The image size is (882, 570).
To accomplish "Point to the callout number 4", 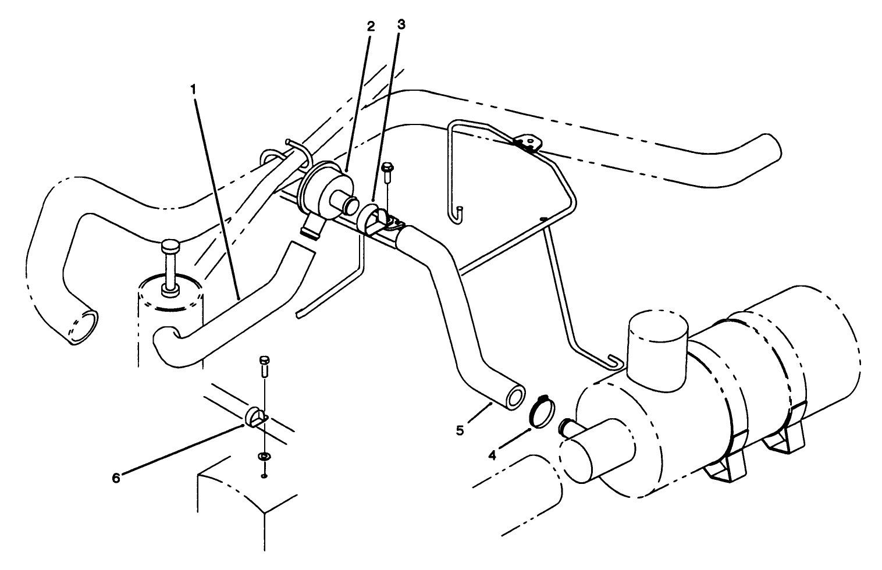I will [492, 455].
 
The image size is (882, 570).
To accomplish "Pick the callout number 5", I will [460, 430].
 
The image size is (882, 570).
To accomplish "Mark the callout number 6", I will [116, 477].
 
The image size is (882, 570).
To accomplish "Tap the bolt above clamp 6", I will [264, 365].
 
